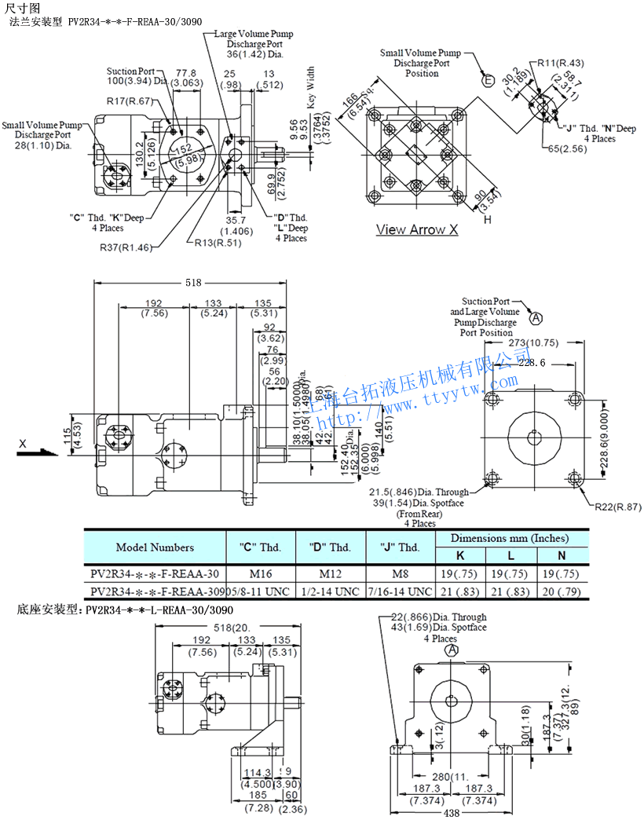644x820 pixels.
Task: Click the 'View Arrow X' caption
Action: point(416,230)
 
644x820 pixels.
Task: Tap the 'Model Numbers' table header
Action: point(155,547)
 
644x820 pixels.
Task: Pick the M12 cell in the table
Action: point(330,573)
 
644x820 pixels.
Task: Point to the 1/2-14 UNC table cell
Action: point(330,591)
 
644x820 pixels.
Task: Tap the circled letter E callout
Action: point(488,80)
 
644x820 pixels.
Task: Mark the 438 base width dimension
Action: point(451,813)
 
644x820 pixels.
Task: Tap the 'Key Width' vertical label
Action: point(310,86)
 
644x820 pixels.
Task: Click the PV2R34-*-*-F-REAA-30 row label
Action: point(155,573)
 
